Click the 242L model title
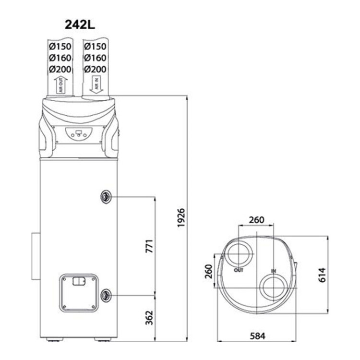79,25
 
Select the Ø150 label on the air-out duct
60,47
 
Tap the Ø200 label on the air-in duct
95,69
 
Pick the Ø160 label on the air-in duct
95,58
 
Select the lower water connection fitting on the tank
106,294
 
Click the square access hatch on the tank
79,293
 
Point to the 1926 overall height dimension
181,218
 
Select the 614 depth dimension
322,275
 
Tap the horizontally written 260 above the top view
256,220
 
